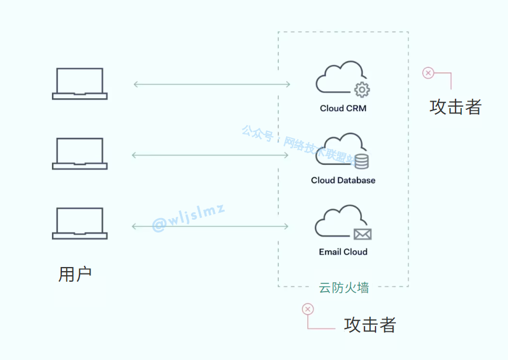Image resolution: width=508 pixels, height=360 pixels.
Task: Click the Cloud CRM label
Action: pyautogui.click(x=343, y=108)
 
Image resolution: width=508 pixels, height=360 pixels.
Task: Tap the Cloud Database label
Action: pyautogui.click(x=343, y=180)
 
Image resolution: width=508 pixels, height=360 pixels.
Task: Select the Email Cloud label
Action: pyautogui.click(x=343, y=252)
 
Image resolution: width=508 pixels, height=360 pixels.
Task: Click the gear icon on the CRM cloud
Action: pyautogui.click(x=363, y=89)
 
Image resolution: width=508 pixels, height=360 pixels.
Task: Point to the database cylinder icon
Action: pyautogui.click(x=361, y=161)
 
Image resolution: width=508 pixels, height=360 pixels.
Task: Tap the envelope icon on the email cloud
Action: pyautogui.click(x=363, y=234)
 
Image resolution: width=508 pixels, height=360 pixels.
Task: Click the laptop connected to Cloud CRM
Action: pyautogui.click(x=79, y=84)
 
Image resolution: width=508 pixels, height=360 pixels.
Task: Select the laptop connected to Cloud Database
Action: pyautogui.click(x=79, y=154)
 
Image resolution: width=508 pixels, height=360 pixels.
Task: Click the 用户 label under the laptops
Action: pyautogui.click(x=75, y=274)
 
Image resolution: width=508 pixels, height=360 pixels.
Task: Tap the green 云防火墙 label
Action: pyautogui.click(x=343, y=287)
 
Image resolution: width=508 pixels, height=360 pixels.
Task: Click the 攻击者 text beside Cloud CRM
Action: pyautogui.click(x=455, y=107)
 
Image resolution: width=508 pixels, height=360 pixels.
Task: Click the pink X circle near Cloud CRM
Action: pyautogui.click(x=428, y=73)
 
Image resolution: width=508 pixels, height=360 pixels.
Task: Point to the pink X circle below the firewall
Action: pyautogui.click(x=308, y=309)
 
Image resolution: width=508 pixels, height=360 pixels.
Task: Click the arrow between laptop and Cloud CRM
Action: pyautogui.click(x=211, y=84)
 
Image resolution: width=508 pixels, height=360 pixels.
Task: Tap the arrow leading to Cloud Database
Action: pyautogui.click(x=211, y=155)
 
